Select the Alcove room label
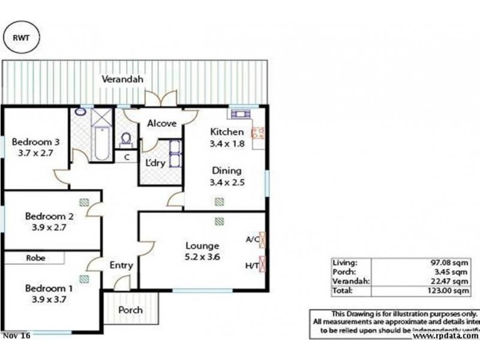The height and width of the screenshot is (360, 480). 161,124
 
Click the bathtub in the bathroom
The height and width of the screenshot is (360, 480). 101,143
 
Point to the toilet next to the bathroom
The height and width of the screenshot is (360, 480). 126,139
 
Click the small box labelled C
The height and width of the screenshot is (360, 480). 126,157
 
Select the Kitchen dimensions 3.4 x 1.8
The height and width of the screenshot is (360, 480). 226,143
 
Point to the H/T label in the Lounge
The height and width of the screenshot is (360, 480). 252,265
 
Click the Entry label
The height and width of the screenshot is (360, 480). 121,265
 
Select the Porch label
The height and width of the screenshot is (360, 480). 130,310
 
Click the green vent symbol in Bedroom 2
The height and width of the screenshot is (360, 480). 84,203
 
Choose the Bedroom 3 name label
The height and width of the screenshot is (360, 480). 36,142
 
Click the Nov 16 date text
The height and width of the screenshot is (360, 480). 16,336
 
